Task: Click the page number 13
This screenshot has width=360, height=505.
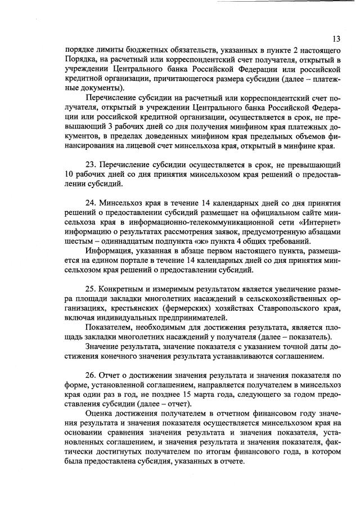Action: pos(336,38)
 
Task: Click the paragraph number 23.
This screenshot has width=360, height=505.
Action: pos(90,164)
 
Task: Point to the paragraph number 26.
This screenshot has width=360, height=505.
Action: pos(90,374)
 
